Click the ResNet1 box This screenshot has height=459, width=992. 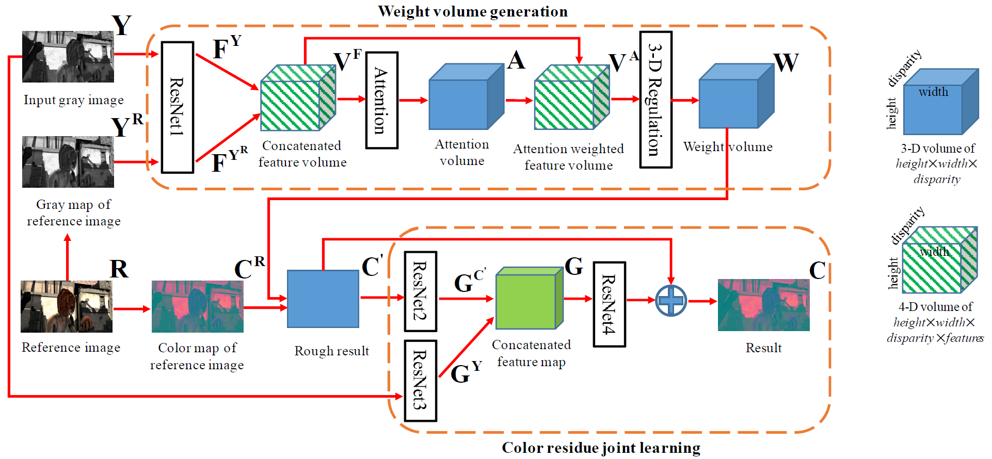point(178,107)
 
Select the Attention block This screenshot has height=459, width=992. point(381,100)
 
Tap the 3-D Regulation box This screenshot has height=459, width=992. point(655,100)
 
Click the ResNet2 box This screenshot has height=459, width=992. point(421,291)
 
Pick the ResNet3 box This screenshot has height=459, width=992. point(421,381)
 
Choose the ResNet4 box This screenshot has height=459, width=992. point(609,304)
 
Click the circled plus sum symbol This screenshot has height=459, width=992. point(670,300)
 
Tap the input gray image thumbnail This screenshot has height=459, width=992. point(68,57)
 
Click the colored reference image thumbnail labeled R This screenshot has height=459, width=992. point(67,306)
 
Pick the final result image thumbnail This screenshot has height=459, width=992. point(763,305)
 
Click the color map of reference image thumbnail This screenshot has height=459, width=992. point(197,306)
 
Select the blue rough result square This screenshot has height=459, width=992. point(323,299)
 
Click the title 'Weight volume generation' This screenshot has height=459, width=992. point(472,11)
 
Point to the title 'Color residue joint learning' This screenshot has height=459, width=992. point(601,448)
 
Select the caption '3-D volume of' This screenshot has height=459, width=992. point(937,149)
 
